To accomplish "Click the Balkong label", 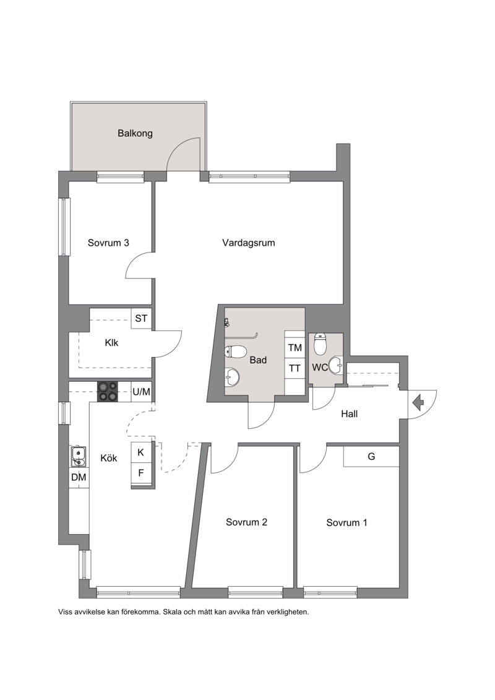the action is (x=135, y=134).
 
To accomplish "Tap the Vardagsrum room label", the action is (x=249, y=243).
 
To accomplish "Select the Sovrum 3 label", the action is (x=108, y=243).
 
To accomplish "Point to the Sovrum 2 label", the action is (x=246, y=522).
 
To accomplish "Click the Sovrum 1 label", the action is (x=347, y=523).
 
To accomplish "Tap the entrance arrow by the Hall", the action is (x=418, y=403).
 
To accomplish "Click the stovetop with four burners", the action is (x=108, y=392).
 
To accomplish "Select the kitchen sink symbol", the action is (x=79, y=456).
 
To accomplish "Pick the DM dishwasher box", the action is (x=79, y=477).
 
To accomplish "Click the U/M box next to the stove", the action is (x=142, y=392).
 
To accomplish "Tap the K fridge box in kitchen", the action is (x=141, y=452).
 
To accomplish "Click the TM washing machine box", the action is (x=295, y=348).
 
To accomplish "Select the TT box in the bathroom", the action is (x=295, y=368).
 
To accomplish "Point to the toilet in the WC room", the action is (x=320, y=344).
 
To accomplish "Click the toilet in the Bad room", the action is (x=236, y=352).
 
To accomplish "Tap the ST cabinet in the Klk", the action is (x=142, y=319).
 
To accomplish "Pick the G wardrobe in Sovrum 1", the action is (x=371, y=457).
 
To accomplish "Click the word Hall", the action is (x=349, y=414).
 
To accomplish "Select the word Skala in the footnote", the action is (x=173, y=612).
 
